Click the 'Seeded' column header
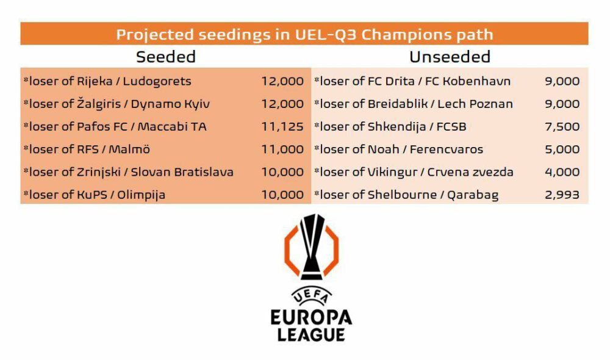[x=166, y=57]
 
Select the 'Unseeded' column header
[x=450, y=57]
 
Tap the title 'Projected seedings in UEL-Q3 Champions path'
[x=304, y=34]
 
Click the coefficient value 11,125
[x=282, y=126]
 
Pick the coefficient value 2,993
[x=562, y=195]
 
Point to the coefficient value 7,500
[x=562, y=126]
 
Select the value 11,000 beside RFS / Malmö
[x=282, y=149]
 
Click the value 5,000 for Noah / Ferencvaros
[x=562, y=149]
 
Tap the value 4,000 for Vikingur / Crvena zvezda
[x=562, y=172]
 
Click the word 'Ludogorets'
[x=157, y=81]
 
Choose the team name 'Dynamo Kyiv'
[x=170, y=104]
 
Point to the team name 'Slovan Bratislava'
[x=182, y=172]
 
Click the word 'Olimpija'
[x=142, y=195]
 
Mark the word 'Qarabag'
[x=473, y=195]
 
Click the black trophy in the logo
[x=311, y=245]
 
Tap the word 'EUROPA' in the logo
[x=311, y=317]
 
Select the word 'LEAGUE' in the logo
[x=311, y=335]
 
